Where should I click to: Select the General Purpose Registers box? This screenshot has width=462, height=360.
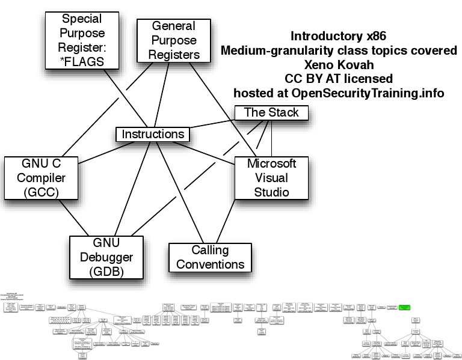tap(173, 40)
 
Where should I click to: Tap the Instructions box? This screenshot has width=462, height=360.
tap(152, 134)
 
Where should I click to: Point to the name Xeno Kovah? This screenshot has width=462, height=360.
tap(339, 64)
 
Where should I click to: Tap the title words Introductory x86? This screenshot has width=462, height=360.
tap(339, 36)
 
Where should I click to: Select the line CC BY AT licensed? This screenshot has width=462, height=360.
tap(339, 78)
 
